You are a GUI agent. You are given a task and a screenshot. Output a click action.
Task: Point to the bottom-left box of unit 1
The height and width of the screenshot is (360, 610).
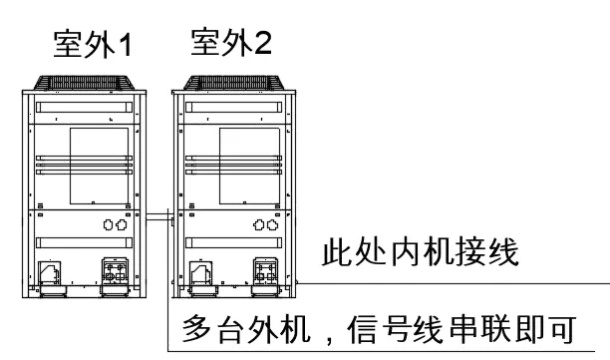(48, 273)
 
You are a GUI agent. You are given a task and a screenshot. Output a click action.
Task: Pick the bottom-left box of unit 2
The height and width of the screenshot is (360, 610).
(199, 273)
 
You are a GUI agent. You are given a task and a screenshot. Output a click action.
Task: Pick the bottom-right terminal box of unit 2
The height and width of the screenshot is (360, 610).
(264, 272)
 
